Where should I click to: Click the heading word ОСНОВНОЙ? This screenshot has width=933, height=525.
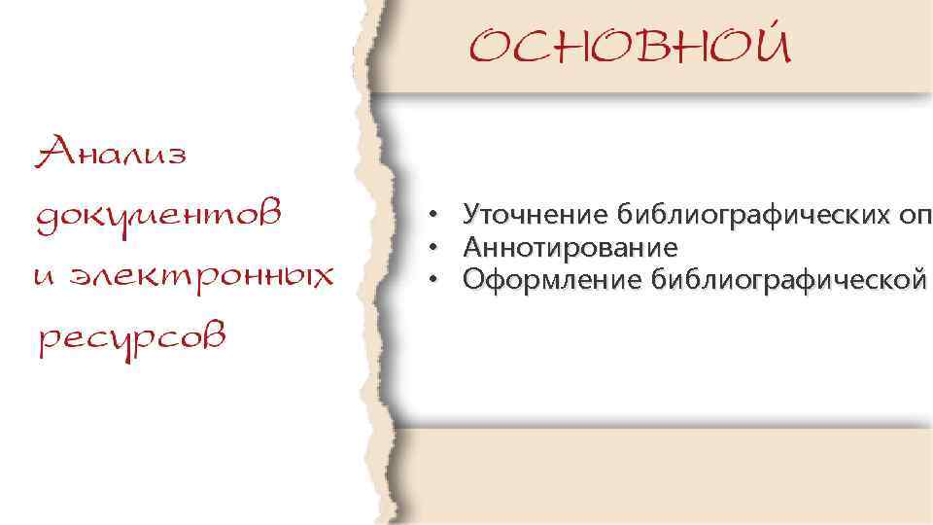[631, 45]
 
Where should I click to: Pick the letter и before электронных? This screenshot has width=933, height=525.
[43, 276]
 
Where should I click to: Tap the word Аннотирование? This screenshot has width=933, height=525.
[570, 246]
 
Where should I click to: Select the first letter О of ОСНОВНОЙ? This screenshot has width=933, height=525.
[495, 46]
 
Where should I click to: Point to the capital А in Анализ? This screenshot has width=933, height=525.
[52, 152]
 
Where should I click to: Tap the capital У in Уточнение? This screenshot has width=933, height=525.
[472, 213]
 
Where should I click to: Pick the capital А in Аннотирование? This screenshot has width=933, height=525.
[474, 246]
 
